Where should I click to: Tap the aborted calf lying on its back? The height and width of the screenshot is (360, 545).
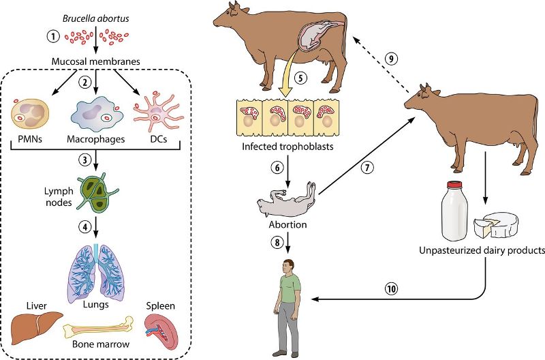287,200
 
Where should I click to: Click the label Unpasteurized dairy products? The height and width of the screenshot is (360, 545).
483,250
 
